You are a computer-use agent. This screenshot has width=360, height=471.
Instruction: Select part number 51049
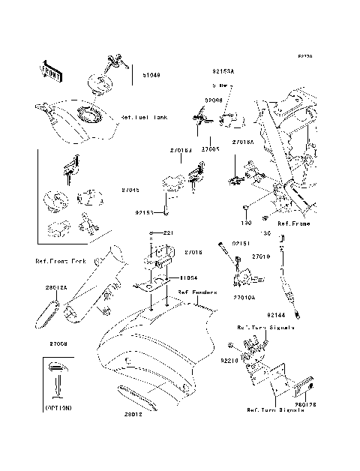click(x=140, y=76)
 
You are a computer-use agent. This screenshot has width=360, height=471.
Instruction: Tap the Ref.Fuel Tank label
click(x=144, y=118)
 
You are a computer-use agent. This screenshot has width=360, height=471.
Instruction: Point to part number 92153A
click(x=223, y=71)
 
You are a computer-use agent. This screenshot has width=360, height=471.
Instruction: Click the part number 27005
click(x=211, y=149)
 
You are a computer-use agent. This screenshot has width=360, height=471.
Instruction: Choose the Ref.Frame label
click(x=293, y=223)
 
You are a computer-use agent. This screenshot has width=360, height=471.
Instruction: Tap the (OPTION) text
click(x=58, y=408)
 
